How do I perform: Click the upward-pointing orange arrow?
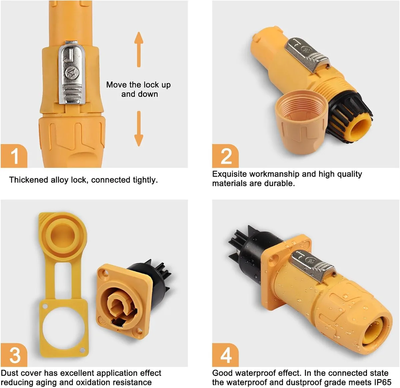click(x=139, y=49)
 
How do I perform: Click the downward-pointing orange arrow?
click(x=139, y=128)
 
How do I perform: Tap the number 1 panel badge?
click(x=14, y=156)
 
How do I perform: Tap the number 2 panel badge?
click(x=225, y=156)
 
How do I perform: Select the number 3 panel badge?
click(x=14, y=355)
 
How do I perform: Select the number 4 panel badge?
click(x=225, y=355)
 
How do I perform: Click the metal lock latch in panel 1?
click(x=72, y=73)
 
